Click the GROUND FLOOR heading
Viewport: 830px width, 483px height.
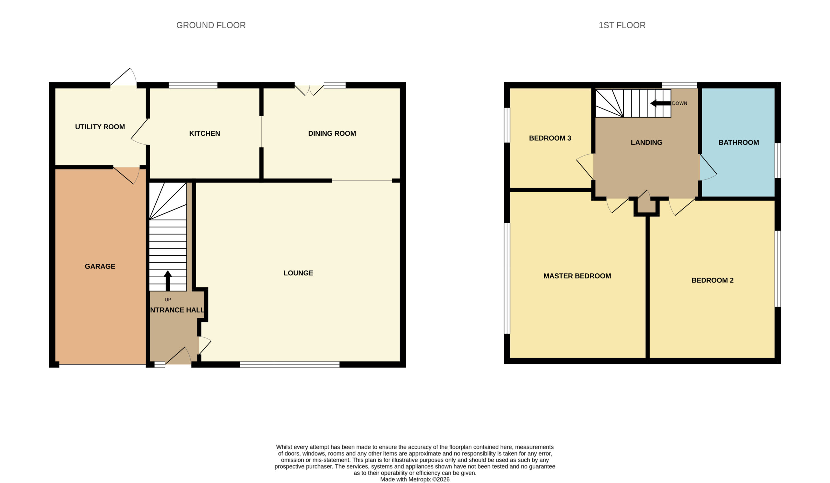point(211,25)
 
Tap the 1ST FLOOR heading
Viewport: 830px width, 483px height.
point(622,25)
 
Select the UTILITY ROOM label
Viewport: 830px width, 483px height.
point(100,127)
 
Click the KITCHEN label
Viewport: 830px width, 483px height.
point(205,133)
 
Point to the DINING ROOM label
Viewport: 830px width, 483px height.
point(332,133)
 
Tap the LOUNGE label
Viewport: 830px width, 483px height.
point(298,273)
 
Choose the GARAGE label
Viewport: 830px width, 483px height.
point(100,266)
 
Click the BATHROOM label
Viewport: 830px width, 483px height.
point(739,143)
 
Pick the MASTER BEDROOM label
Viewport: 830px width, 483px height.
point(577,276)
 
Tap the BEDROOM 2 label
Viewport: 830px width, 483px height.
point(712,280)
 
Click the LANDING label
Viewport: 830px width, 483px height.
point(646,143)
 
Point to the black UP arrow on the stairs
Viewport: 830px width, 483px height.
point(168,281)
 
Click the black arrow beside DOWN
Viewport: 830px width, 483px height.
point(660,103)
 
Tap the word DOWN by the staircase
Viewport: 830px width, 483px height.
point(680,103)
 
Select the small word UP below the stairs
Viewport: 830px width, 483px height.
point(168,300)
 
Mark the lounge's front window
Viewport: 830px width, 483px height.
point(290,364)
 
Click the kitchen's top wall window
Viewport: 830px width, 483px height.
point(193,85)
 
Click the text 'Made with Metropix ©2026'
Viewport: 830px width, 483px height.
point(415,479)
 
